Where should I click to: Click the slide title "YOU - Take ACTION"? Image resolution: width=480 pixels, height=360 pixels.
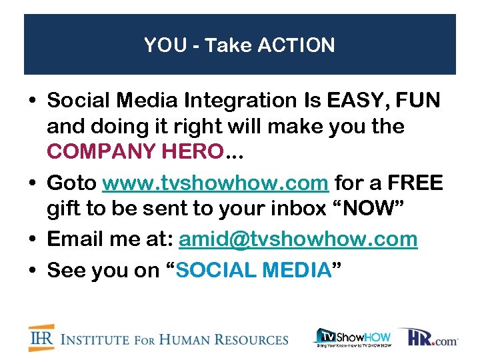click(239, 45)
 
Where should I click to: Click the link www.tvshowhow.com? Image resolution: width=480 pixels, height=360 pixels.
click(215, 183)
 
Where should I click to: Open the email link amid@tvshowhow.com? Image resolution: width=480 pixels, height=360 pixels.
click(299, 239)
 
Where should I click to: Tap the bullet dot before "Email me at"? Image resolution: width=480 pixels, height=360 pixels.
click(33, 239)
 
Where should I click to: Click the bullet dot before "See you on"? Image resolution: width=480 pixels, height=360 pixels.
click(33, 270)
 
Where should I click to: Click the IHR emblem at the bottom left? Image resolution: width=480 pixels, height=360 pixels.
click(41, 338)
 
